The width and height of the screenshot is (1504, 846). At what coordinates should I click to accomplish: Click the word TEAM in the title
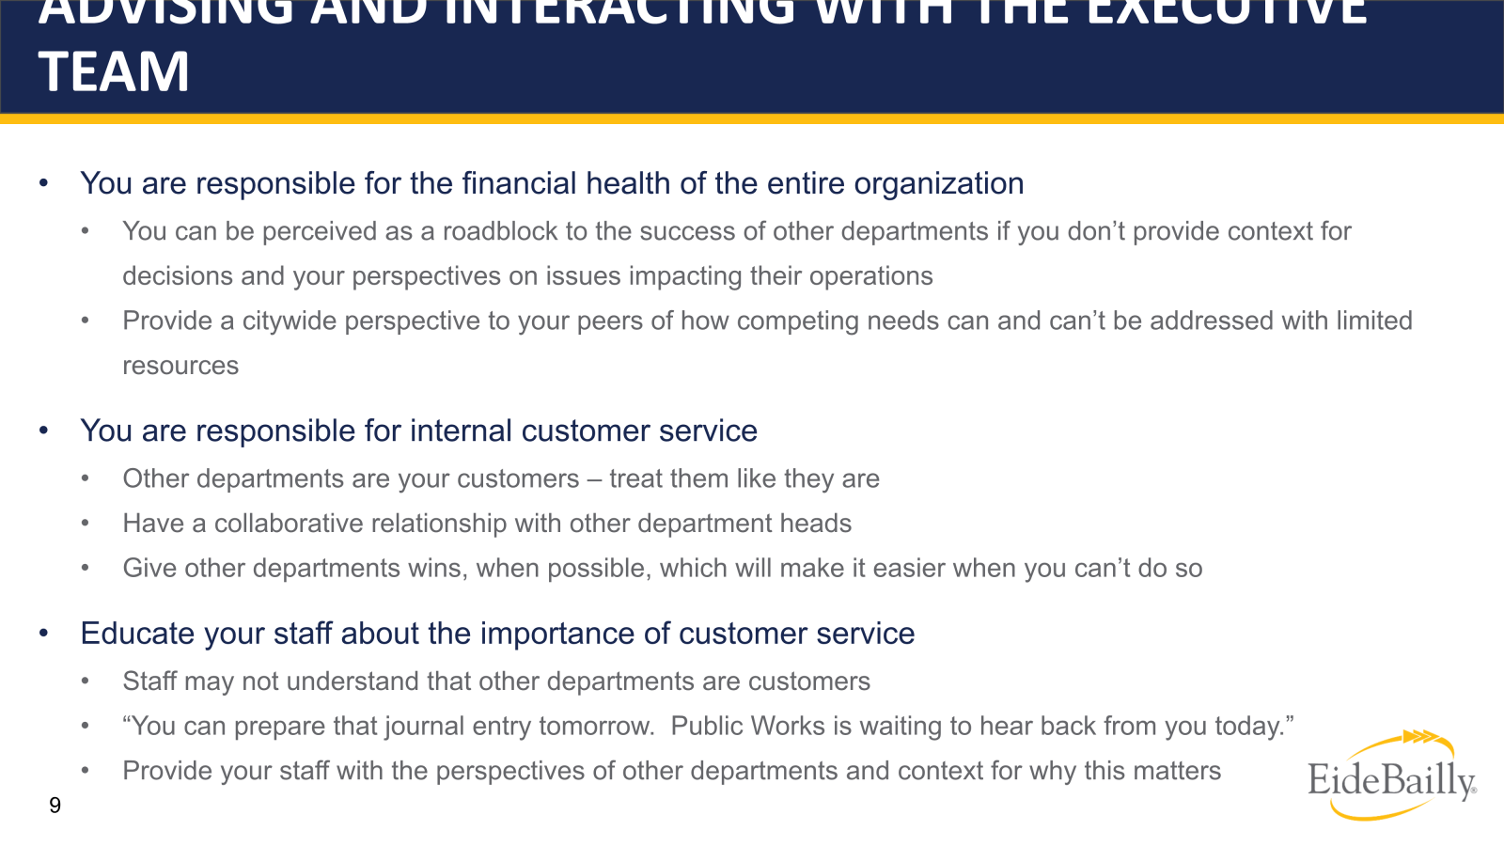click(114, 72)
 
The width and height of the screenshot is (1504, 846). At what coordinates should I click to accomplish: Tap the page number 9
click(55, 805)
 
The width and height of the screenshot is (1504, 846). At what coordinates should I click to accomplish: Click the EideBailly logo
click(1391, 779)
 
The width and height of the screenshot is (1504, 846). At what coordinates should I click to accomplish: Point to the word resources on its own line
click(180, 366)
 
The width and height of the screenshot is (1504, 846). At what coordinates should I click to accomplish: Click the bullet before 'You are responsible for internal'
click(43, 431)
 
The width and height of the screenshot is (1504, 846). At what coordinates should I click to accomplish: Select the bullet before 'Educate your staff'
click(43, 634)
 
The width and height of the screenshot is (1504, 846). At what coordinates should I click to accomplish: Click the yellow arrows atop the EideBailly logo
click(1421, 737)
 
